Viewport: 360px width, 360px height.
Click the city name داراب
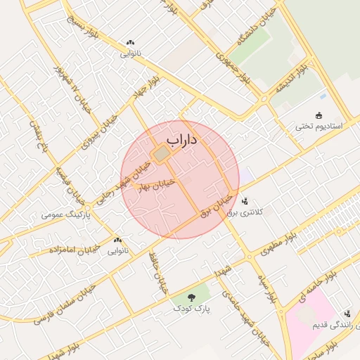(181, 141)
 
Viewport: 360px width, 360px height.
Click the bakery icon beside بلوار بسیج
(130, 43)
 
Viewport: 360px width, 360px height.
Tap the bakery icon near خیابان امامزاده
(117, 240)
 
